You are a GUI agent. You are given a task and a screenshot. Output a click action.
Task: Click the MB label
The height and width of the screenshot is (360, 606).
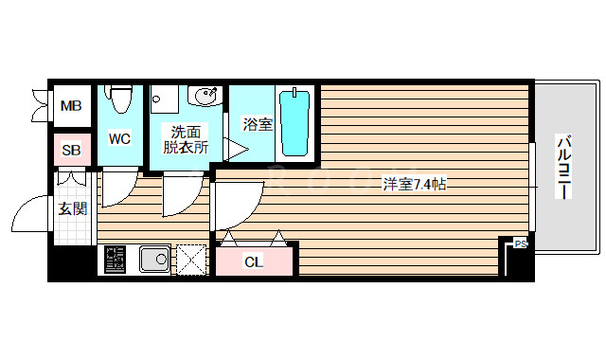[71, 105]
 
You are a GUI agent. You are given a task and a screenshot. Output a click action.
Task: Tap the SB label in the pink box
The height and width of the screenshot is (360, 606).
[71, 150]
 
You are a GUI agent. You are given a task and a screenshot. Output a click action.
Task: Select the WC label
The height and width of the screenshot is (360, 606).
[119, 139]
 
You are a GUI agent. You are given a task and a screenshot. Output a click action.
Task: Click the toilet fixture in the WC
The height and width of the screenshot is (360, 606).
[119, 98]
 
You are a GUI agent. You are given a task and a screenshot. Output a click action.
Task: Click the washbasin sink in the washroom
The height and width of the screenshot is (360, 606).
[205, 97]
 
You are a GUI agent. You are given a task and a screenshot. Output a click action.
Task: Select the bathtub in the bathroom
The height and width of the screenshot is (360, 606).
[295, 123]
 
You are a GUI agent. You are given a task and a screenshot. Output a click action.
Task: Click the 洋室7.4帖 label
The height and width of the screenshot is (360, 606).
[414, 184]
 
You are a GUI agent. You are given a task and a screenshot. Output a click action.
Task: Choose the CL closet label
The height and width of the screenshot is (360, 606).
[254, 261]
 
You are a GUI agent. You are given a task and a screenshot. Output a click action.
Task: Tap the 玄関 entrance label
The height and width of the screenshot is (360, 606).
[73, 208]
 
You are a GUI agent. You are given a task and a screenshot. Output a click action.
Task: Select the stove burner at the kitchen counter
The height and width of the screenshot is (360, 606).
[116, 259]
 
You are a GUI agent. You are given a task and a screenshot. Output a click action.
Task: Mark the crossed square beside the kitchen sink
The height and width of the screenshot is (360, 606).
[192, 259]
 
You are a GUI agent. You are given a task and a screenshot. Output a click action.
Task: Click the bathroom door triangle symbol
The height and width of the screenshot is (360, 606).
[235, 149]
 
